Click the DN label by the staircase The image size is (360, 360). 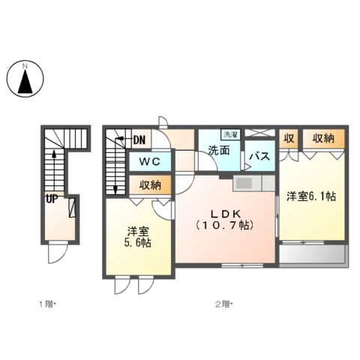tap(139, 139)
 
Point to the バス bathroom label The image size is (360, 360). tap(259, 156)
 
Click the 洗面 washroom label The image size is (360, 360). tap(219, 150)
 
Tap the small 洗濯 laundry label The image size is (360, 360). tap(232, 135)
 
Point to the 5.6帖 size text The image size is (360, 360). tap(138, 244)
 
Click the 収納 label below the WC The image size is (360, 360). tap(150, 184)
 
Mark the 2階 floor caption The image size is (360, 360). tap(223, 304)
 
